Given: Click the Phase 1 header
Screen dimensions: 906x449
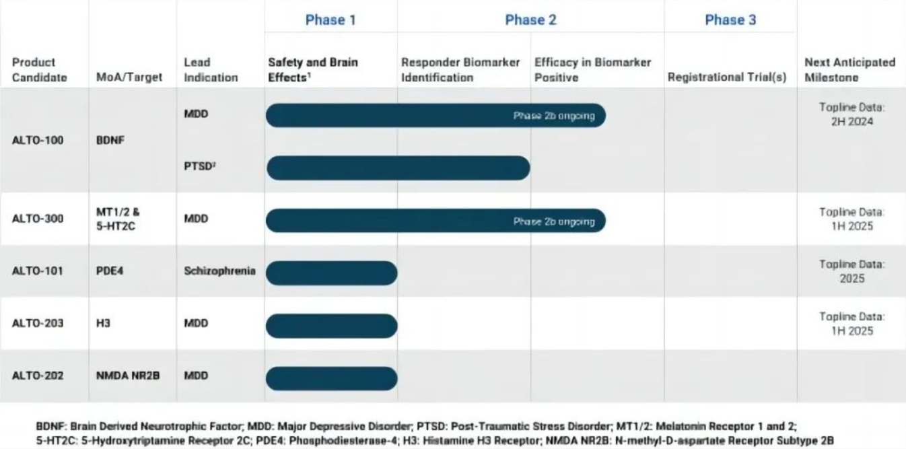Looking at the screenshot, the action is (x=330, y=20).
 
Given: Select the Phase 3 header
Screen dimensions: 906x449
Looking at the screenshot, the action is (x=730, y=20).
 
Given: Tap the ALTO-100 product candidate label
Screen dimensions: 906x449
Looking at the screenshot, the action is (x=38, y=141).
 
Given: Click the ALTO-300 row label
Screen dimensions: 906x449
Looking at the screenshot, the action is (x=38, y=219).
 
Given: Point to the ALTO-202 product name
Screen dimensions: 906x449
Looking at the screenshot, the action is (x=38, y=376).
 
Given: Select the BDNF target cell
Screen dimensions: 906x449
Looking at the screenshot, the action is (x=110, y=141).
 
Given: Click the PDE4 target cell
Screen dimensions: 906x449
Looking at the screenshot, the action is (x=110, y=271).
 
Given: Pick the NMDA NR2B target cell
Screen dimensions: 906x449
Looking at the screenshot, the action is (x=128, y=376).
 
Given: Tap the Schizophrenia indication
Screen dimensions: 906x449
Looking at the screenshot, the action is (x=219, y=271).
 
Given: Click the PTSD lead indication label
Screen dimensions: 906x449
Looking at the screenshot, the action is (x=200, y=166).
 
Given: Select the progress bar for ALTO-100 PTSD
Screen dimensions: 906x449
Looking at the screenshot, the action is (x=398, y=168).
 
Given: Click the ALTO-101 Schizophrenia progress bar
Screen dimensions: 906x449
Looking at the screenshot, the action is (x=332, y=273).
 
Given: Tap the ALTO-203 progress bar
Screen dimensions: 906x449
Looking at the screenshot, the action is (x=332, y=326).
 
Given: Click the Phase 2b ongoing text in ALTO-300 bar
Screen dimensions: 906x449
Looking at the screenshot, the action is (x=554, y=221).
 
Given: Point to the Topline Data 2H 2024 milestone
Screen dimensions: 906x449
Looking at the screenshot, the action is (x=851, y=114).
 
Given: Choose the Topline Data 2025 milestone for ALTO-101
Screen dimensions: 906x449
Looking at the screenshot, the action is (x=851, y=271).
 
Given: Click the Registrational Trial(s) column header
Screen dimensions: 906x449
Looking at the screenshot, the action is (x=727, y=77).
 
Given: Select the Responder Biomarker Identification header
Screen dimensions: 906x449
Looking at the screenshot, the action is (x=460, y=69).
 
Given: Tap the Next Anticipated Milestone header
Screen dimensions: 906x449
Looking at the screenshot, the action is (x=849, y=69).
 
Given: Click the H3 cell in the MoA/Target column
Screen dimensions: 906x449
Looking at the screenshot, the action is (x=103, y=323).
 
